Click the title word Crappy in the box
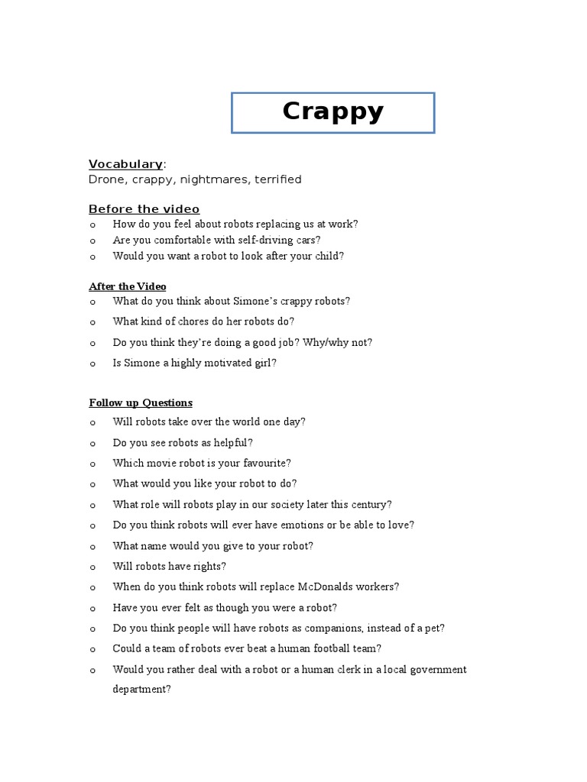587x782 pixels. coord(332,111)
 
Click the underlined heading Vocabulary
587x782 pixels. coord(125,163)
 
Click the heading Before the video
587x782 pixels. coord(144,209)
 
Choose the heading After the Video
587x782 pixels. coord(127,286)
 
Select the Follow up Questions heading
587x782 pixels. coord(141,402)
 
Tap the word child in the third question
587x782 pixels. coord(326,256)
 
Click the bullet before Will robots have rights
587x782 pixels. coord(92,567)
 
